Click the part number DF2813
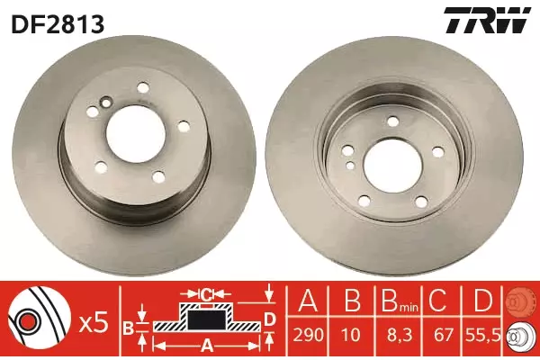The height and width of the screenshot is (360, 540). coord(58,23)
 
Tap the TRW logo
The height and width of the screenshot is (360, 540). coord(487,21)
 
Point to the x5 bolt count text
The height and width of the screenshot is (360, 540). coord(94,324)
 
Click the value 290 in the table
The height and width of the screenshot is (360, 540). coord(308,335)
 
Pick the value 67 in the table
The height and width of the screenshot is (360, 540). coord(443,335)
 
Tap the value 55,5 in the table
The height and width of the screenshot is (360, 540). coord(483,335)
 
